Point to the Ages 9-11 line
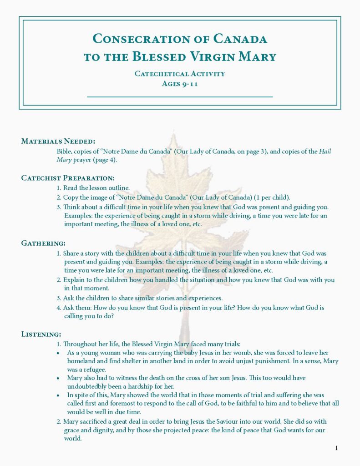[x=180, y=83]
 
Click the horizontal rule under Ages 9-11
[x=180, y=97]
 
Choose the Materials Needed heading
[x=58, y=141]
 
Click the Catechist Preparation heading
[x=68, y=177]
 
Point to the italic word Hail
[x=325, y=152]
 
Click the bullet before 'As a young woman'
[x=58, y=353]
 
